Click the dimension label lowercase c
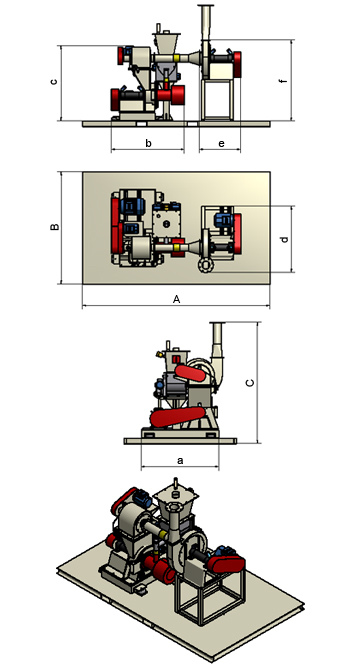coord(54,81)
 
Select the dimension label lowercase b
coord(148,143)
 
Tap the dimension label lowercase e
coord(221,144)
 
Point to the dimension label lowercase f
coord(285,81)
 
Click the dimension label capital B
coord(55,226)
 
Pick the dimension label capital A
coord(176,300)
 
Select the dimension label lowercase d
coord(285,239)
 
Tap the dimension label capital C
coord(251,382)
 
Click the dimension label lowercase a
coord(180,460)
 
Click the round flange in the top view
coord(206,265)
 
